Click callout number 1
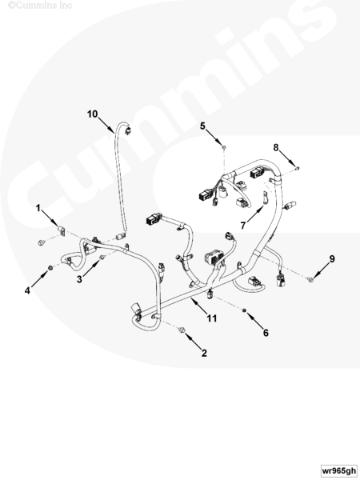[x=38, y=208]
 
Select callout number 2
[x=204, y=353]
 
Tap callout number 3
[x=79, y=279]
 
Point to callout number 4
[x=27, y=290]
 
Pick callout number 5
[x=202, y=126]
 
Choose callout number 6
[x=266, y=333]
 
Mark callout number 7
[x=242, y=226]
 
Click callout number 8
[x=276, y=147]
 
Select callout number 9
[x=332, y=259]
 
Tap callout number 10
[x=93, y=114]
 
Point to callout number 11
[x=211, y=318]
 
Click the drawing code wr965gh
[x=339, y=470]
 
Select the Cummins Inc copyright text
[x=40, y=5]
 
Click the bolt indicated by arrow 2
[x=182, y=330]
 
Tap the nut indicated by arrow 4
[x=50, y=268]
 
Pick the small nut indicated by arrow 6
[x=244, y=310]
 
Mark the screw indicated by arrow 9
[x=310, y=279]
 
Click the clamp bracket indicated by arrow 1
[x=62, y=230]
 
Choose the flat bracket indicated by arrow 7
[x=265, y=198]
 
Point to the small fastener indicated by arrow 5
[x=224, y=148]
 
